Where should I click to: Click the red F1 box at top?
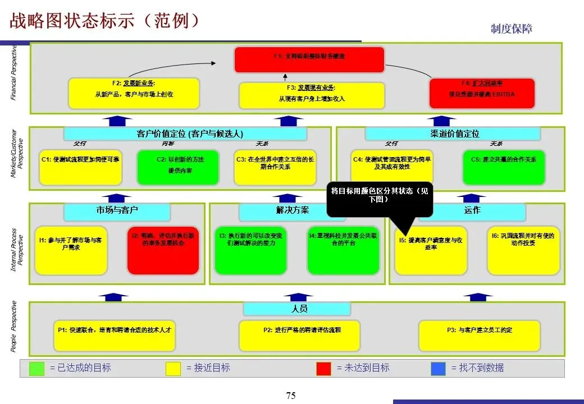[x=309, y=59]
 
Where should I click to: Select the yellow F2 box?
[x=134, y=93]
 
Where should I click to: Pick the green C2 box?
[x=178, y=167]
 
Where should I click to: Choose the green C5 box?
[x=504, y=167]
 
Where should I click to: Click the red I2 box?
[x=163, y=250]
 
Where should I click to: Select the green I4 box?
[x=344, y=250]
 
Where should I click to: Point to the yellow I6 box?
[x=523, y=250]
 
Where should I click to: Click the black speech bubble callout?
[x=380, y=198]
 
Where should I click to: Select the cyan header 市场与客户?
[x=117, y=211]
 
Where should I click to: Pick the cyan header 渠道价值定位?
[x=453, y=134]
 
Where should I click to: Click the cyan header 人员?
[x=297, y=309]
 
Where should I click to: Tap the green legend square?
[x=36, y=368]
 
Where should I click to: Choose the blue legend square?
[x=438, y=368]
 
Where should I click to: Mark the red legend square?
[x=323, y=368]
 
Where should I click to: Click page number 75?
[x=291, y=396]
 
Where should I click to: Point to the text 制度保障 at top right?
[x=511, y=29]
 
